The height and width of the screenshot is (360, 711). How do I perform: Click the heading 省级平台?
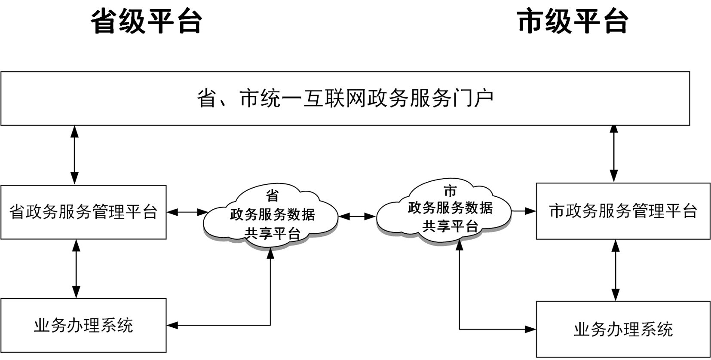click(146, 21)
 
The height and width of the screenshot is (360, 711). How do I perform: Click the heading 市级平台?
click(573, 21)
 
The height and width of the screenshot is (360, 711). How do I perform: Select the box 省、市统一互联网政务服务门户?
click(345, 98)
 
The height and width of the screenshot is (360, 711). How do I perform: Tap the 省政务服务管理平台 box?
click(83, 212)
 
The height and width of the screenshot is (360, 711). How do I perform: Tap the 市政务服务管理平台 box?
click(623, 211)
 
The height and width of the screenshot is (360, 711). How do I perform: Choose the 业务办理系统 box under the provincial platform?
click(83, 325)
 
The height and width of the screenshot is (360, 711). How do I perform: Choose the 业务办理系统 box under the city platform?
click(623, 329)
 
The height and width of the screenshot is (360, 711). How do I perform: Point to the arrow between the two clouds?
click(358, 217)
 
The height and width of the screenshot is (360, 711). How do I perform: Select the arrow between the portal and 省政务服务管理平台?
click(75, 155)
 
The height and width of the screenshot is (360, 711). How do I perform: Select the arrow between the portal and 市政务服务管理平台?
click(614, 153)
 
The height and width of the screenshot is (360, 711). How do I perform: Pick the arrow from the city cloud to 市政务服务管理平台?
click(524, 211)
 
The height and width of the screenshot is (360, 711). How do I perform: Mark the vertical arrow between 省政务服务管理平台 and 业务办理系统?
click(76, 268)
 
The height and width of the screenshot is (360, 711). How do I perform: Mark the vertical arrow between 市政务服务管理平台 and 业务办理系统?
click(616, 270)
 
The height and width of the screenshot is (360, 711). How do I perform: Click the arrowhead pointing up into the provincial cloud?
click(270, 253)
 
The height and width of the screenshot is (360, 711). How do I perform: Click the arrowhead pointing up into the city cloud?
click(460, 245)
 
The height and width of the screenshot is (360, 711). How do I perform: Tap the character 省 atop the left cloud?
click(272, 196)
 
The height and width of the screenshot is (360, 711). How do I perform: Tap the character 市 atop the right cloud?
click(450, 191)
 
